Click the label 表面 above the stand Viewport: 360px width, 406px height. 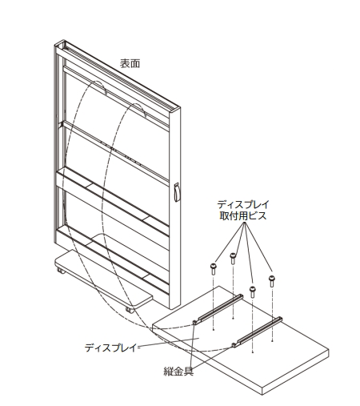pyautogui.click(x=130, y=63)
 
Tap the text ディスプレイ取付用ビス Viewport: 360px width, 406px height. pyautogui.click(x=243, y=210)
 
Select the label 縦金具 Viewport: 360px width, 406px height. pyautogui.click(x=178, y=371)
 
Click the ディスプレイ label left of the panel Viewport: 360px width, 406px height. pyautogui.click(x=110, y=348)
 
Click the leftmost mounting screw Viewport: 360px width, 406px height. pyautogui.click(x=214, y=269)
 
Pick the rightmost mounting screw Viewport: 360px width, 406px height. pyautogui.click(x=272, y=281)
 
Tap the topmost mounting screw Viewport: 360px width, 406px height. pyautogui.click(x=233, y=259)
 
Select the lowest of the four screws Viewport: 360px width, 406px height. pyautogui.click(x=252, y=291)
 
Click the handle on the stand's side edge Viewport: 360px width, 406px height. pyautogui.click(x=177, y=192)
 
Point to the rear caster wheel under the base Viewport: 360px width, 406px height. pyautogui.click(x=61, y=271)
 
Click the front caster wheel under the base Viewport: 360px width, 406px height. pyautogui.click(x=130, y=311)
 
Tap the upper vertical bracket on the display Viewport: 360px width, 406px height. pyautogui.click(x=218, y=309)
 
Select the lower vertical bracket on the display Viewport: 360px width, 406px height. pyautogui.click(x=257, y=332)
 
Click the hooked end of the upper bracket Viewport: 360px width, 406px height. pyautogui.click(x=195, y=323)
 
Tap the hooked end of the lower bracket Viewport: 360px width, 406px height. pyautogui.click(x=234, y=345)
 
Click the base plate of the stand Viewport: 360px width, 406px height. pyautogui.click(x=104, y=278)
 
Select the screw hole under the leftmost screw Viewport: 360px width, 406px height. pyautogui.click(x=214, y=330)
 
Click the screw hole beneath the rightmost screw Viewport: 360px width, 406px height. pyautogui.click(x=272, y=341)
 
